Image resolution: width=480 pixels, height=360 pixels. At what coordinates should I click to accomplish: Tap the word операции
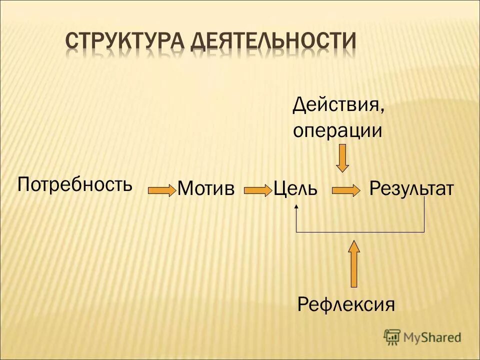point(337,130)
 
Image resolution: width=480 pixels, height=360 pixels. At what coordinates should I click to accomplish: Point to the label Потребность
point(75,185)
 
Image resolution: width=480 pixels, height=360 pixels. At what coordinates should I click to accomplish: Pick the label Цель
point(295,189)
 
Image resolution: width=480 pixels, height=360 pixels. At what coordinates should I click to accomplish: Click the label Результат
point(411,189)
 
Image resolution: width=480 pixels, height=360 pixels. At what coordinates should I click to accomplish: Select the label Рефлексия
point(346,303)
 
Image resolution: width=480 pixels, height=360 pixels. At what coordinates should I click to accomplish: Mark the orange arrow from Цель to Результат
point(346,190)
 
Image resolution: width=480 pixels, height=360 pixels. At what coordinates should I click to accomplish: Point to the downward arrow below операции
point(342,158)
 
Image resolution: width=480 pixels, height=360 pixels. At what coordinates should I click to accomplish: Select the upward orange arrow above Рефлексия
point(354,263)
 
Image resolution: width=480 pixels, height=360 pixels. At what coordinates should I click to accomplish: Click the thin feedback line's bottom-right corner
point(424,232)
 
